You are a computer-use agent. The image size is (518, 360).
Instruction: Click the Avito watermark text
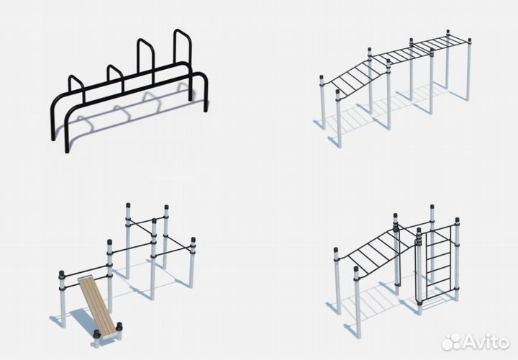pos(486,341)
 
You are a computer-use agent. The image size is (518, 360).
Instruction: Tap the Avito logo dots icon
pos(450,341)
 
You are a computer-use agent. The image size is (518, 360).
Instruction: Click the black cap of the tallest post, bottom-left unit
pos(128,205)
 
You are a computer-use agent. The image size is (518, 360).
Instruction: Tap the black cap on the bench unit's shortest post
pos(61,274)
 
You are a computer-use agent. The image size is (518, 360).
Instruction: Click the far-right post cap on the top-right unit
pos(469,41)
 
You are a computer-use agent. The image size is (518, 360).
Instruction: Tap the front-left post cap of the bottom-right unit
pos(355,270)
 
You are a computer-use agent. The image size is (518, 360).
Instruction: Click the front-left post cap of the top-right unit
pos(337,92)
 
